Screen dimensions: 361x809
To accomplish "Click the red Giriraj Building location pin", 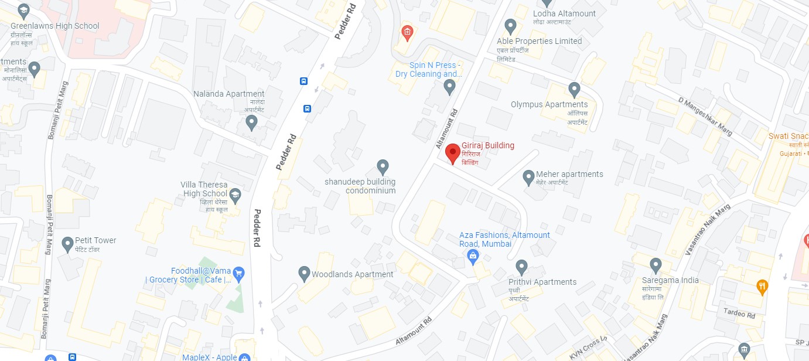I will click(452, 153).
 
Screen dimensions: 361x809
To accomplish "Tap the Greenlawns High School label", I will click(55, 26).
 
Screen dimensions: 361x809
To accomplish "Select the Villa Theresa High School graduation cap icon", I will click(235, 195).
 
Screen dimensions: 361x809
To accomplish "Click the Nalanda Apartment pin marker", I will click(251, 122).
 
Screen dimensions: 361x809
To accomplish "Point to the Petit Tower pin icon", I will click(67, 243).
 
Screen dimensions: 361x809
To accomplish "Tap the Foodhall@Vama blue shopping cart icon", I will click(238, 273).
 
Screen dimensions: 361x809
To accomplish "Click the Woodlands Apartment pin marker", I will click(304, 273).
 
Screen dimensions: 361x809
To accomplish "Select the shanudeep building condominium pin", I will click(383, 166).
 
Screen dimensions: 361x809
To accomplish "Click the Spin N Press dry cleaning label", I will click(428, 70).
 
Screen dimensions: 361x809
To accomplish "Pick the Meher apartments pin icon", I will click(528, 176).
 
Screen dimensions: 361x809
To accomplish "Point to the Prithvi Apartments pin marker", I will click(521, 267).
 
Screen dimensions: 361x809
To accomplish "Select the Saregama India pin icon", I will click(656, 265).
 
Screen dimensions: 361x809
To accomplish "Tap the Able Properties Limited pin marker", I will click(510, 26).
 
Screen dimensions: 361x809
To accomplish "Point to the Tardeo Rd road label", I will click(739, 314).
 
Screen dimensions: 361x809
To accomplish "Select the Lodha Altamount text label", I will click(564, 13).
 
